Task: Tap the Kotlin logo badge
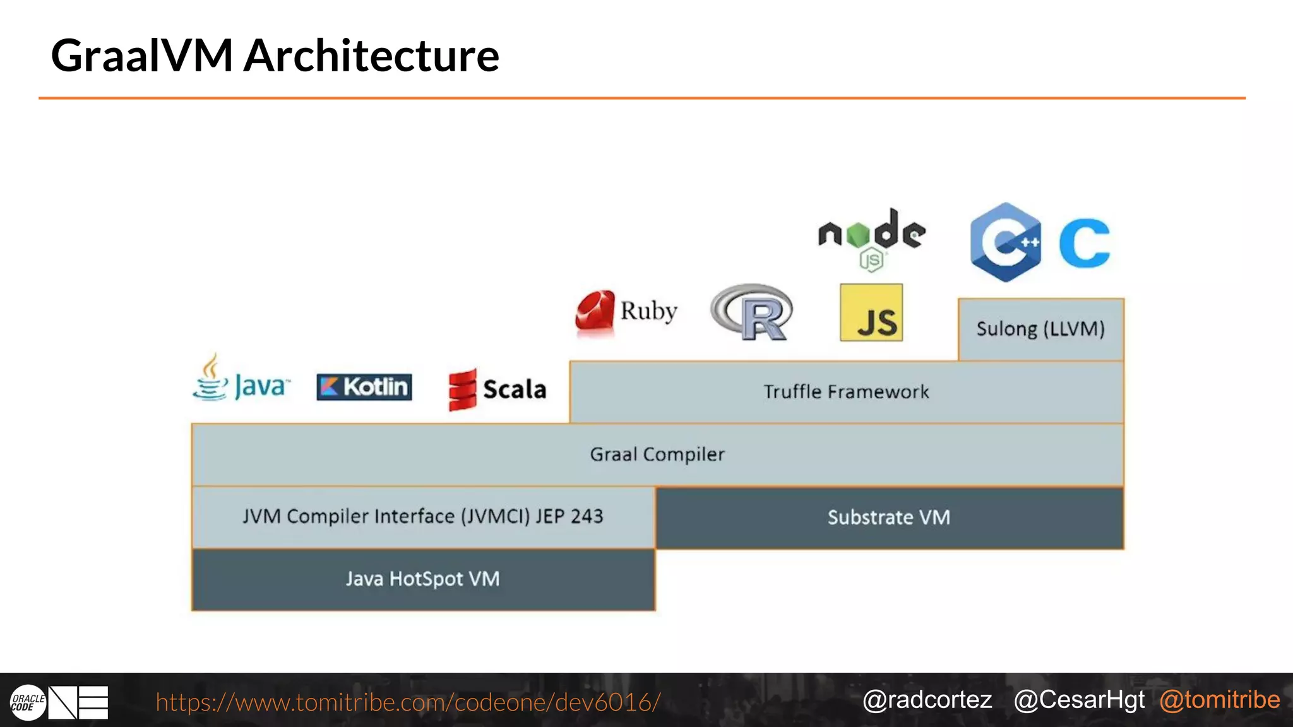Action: (x=364, y=387)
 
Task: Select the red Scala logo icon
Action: (x=462, y=389)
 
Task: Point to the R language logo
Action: (x=751, y=312)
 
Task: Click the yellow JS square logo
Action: (x=871, y=313)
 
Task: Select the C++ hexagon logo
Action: (x=1006, y=242)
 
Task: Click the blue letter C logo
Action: (x=1085, y=244)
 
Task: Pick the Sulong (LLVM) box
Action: (x=1040, y=329)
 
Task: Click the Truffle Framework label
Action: (x=846, y=392)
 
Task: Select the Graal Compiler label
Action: (x=657, y=454)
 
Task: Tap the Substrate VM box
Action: (x=889, y=517)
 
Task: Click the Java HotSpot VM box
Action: (x=423, y=579)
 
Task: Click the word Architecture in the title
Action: (x=371, y=56)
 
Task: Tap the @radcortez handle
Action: (x=927, y=700)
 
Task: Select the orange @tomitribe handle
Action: (x=1219, y=700)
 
